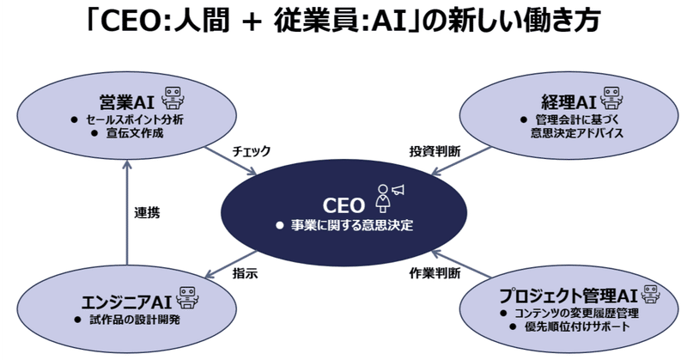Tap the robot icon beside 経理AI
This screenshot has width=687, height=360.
(x=610, y=96)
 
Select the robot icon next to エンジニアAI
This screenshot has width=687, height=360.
(x=185, y=297)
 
